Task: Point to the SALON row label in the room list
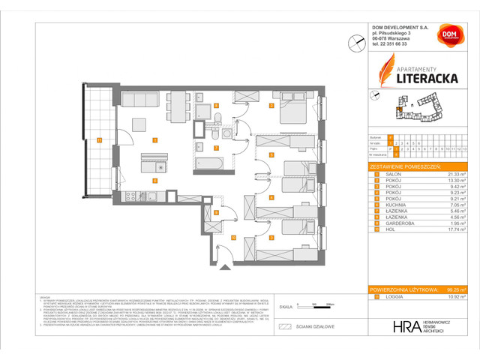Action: (389, 173)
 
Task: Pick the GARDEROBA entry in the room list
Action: (394, 223)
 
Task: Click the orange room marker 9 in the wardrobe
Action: (216, 213)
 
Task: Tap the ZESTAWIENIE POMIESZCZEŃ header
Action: (406, 166)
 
